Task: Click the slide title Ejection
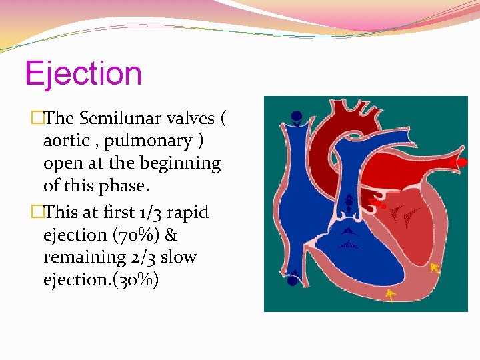pos(83,73)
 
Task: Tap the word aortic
pos(66,141)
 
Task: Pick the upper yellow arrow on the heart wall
pos(435,268)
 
